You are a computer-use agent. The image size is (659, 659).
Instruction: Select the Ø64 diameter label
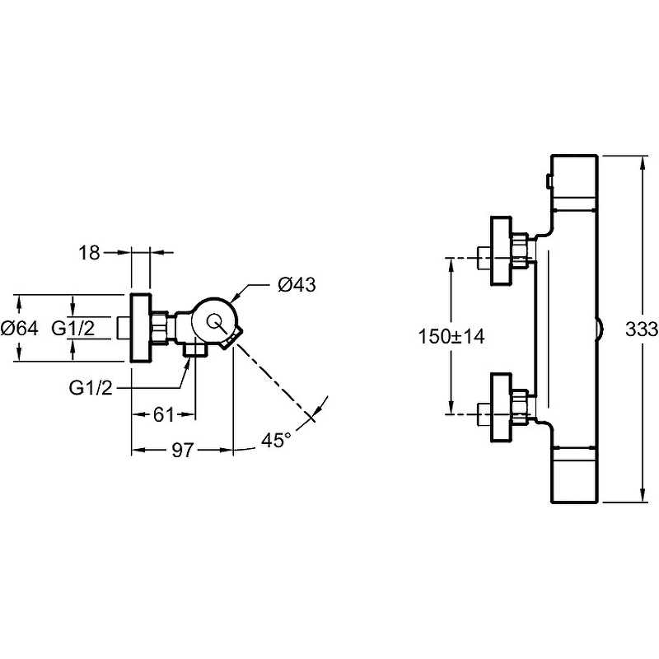click(x=19, y=328)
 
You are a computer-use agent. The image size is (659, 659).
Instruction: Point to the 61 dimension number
click(x=162, y=415)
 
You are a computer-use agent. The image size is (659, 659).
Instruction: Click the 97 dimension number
click(x=182, y=450)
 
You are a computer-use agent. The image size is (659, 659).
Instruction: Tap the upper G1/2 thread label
click(x=73, y=328)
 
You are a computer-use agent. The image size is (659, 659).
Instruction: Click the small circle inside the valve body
click(x=217, y=322)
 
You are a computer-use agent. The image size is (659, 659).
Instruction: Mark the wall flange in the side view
click(x=141, y=327)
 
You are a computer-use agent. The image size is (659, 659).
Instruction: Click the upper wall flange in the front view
click(x=501, y=250)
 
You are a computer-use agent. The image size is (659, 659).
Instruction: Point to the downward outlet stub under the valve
click(x=195, y=351)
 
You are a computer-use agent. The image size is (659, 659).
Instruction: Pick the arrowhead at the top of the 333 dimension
click(x=643, y=159)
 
